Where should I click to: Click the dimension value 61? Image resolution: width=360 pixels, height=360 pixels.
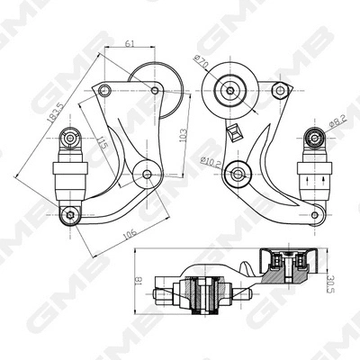tap(130, 42)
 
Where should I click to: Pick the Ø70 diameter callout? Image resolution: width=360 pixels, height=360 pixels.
tap(200, 64)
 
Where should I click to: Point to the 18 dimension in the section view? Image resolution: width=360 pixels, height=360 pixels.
tap(138, 280)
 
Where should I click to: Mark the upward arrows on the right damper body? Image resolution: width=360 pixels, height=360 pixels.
tap(314, 180)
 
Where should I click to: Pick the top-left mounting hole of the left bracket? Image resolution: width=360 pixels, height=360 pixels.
tap(104, 89)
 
